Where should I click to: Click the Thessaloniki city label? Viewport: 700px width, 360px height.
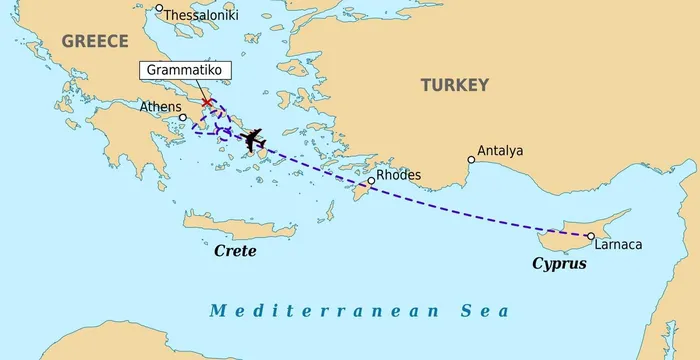205,15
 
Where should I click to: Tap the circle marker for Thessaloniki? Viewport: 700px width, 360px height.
159,8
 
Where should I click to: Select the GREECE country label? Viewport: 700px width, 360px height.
95,40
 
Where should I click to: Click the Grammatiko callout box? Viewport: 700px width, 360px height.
186,71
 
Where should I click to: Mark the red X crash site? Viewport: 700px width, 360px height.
206,102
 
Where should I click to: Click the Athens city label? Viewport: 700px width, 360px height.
160,107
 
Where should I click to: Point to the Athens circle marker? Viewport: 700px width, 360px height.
182,117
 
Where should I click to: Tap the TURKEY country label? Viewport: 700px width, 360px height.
454,85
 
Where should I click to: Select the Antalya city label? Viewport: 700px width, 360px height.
500,151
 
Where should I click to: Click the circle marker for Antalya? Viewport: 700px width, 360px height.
471,159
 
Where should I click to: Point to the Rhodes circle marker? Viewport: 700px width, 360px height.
371,181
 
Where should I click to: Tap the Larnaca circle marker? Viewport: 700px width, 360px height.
590,236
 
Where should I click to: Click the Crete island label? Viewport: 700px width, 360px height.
235,250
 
